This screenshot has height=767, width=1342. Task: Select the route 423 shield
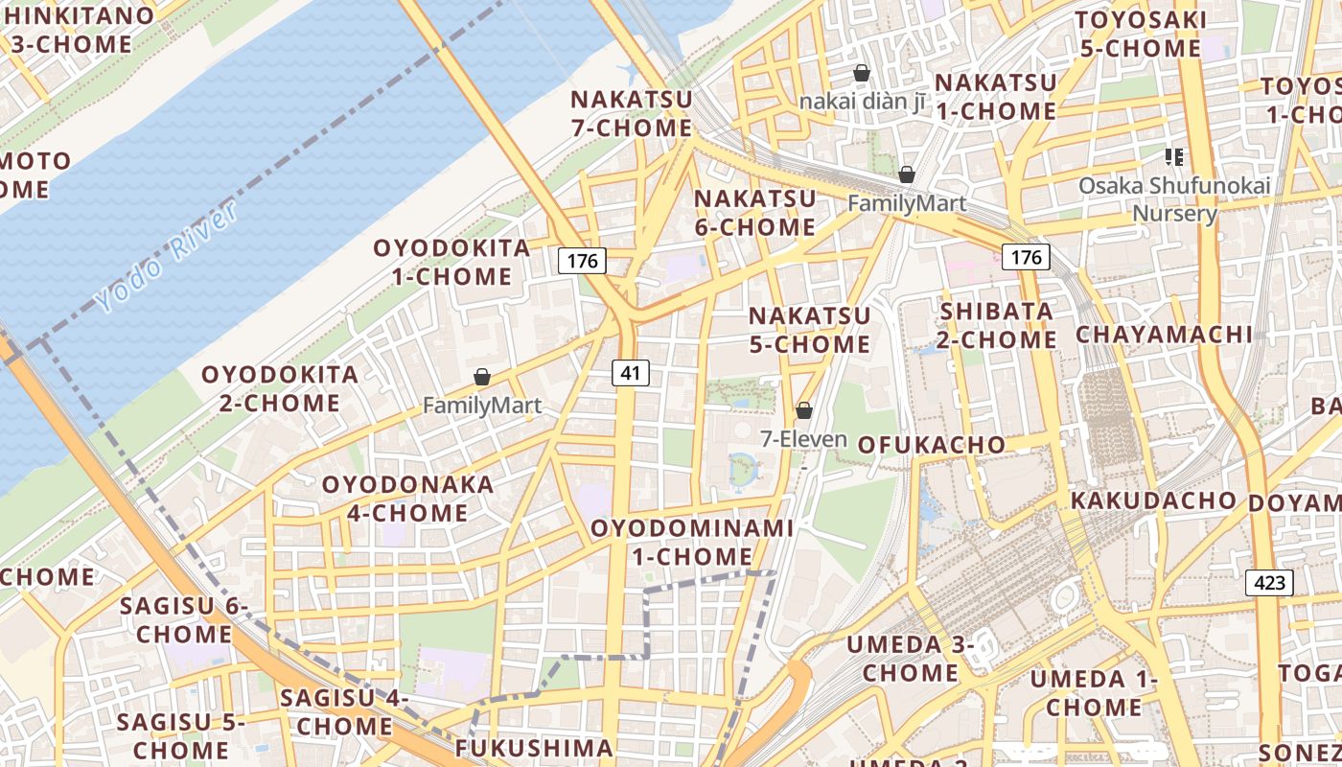tap(1270, 583)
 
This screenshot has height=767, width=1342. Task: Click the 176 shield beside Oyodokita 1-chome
tap(582, 260)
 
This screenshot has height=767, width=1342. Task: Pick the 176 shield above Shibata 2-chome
tap(1026, 257)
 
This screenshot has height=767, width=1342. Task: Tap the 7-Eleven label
tap(803, 439)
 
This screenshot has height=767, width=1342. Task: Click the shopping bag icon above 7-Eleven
tap(804, 410)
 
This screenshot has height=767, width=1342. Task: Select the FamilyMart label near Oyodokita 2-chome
tap(482, 406)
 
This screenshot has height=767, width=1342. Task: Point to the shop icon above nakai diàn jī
tap(862, 73)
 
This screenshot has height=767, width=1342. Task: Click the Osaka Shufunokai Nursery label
tap(1174, 198)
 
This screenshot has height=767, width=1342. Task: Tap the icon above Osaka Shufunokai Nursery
tap(1174, 156)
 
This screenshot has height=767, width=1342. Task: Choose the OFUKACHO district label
tap(931, 445)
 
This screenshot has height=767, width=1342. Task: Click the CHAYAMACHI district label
tap(1164, 334)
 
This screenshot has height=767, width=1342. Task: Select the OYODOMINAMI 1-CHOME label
tap(692, 542)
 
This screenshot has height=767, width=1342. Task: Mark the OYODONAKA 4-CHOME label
tap(407, 499)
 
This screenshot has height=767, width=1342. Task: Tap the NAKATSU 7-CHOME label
tap(631, 113)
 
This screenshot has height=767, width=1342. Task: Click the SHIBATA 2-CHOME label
tap(997, 326)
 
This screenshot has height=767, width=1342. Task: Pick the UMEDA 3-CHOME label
tap(910, 658)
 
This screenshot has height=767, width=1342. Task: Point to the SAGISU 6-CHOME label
tap(183, 619)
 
